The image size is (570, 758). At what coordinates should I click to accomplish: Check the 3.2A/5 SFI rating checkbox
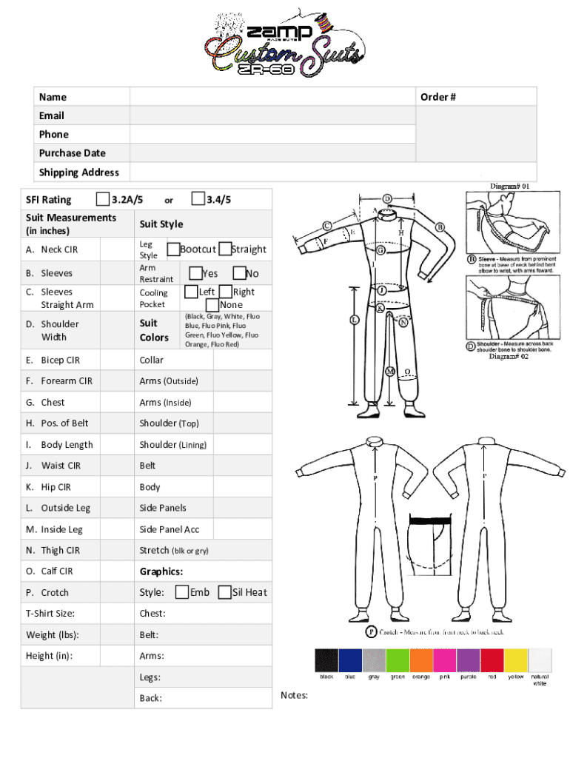103,198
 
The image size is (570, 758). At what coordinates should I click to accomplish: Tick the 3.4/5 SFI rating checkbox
198,198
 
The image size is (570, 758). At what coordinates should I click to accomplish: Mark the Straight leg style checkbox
225,249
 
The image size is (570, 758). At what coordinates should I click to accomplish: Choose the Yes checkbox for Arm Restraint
195,273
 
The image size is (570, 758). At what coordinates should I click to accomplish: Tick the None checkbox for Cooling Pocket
212,304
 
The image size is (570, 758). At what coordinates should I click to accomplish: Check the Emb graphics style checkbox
181,591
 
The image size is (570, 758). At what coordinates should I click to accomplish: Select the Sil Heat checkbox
225,591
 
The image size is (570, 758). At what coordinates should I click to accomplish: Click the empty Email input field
272,115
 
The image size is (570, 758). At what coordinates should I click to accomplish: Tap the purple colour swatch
468,660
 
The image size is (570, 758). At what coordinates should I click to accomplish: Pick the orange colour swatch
421,660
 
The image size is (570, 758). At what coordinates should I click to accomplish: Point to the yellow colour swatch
515,660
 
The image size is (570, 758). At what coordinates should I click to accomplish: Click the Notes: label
295,695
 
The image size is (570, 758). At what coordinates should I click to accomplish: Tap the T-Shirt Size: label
50,613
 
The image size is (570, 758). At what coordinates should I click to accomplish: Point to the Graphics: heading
161,571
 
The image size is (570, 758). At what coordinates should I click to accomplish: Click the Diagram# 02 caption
509,357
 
